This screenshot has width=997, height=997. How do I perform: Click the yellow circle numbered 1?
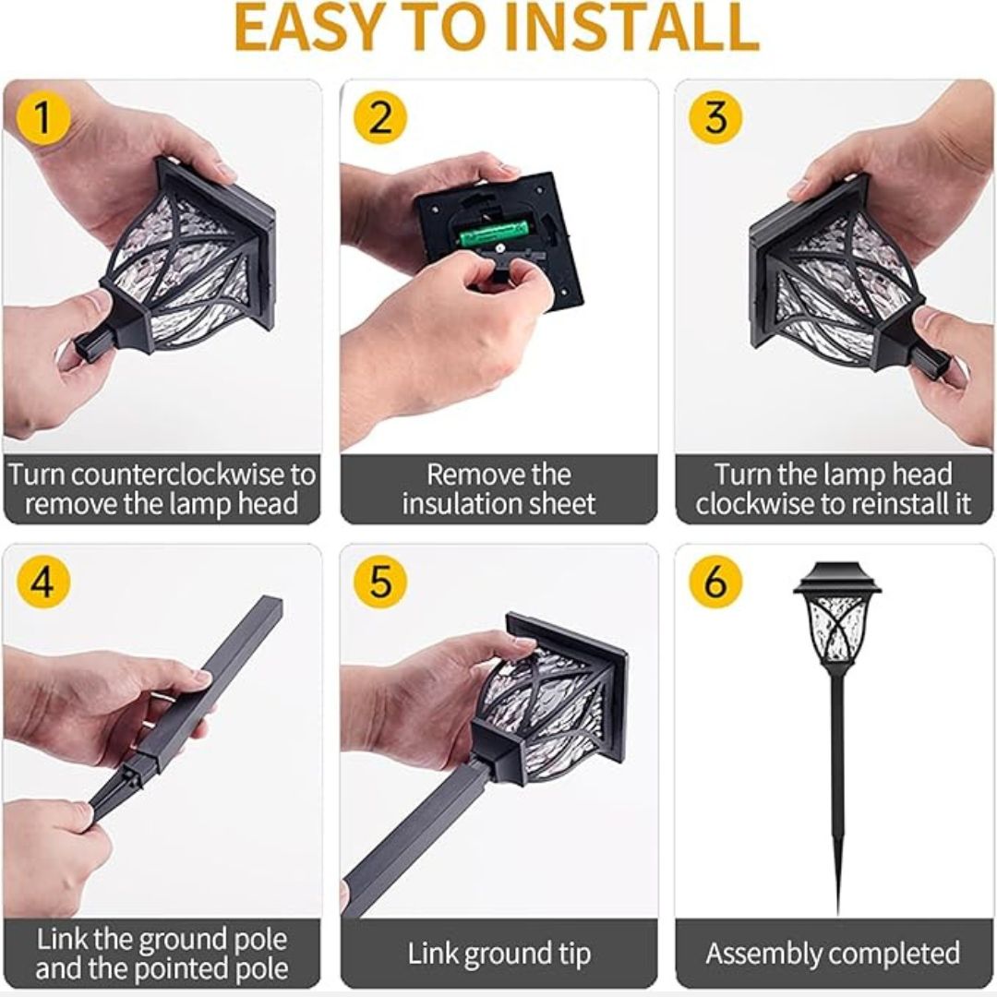pos(42,118)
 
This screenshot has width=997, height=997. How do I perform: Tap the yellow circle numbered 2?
pos(380,118)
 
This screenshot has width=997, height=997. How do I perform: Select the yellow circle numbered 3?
pos(716,118)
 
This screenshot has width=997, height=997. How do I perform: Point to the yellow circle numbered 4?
pos(42,582)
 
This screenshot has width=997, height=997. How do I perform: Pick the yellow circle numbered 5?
pos(380,582)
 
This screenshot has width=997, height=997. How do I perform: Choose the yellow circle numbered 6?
pos(716,582)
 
